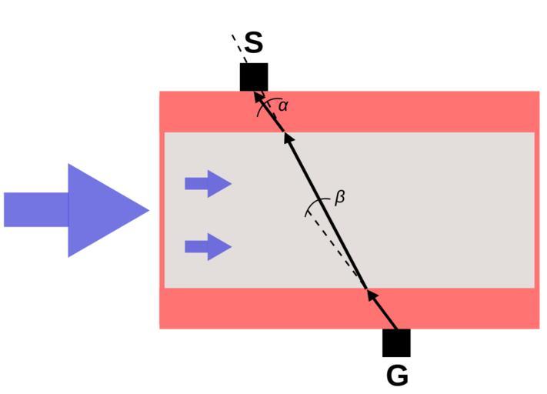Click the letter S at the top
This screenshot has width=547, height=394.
(x=254, y=43)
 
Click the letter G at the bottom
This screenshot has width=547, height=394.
(x=397, y=376)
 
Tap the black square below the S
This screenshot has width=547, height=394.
(x=254, y=77)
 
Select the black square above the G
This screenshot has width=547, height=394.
(x=396, y=343)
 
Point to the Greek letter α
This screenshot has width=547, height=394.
(x=283, y=105)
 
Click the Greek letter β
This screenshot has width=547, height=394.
(x=339, y=197)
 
